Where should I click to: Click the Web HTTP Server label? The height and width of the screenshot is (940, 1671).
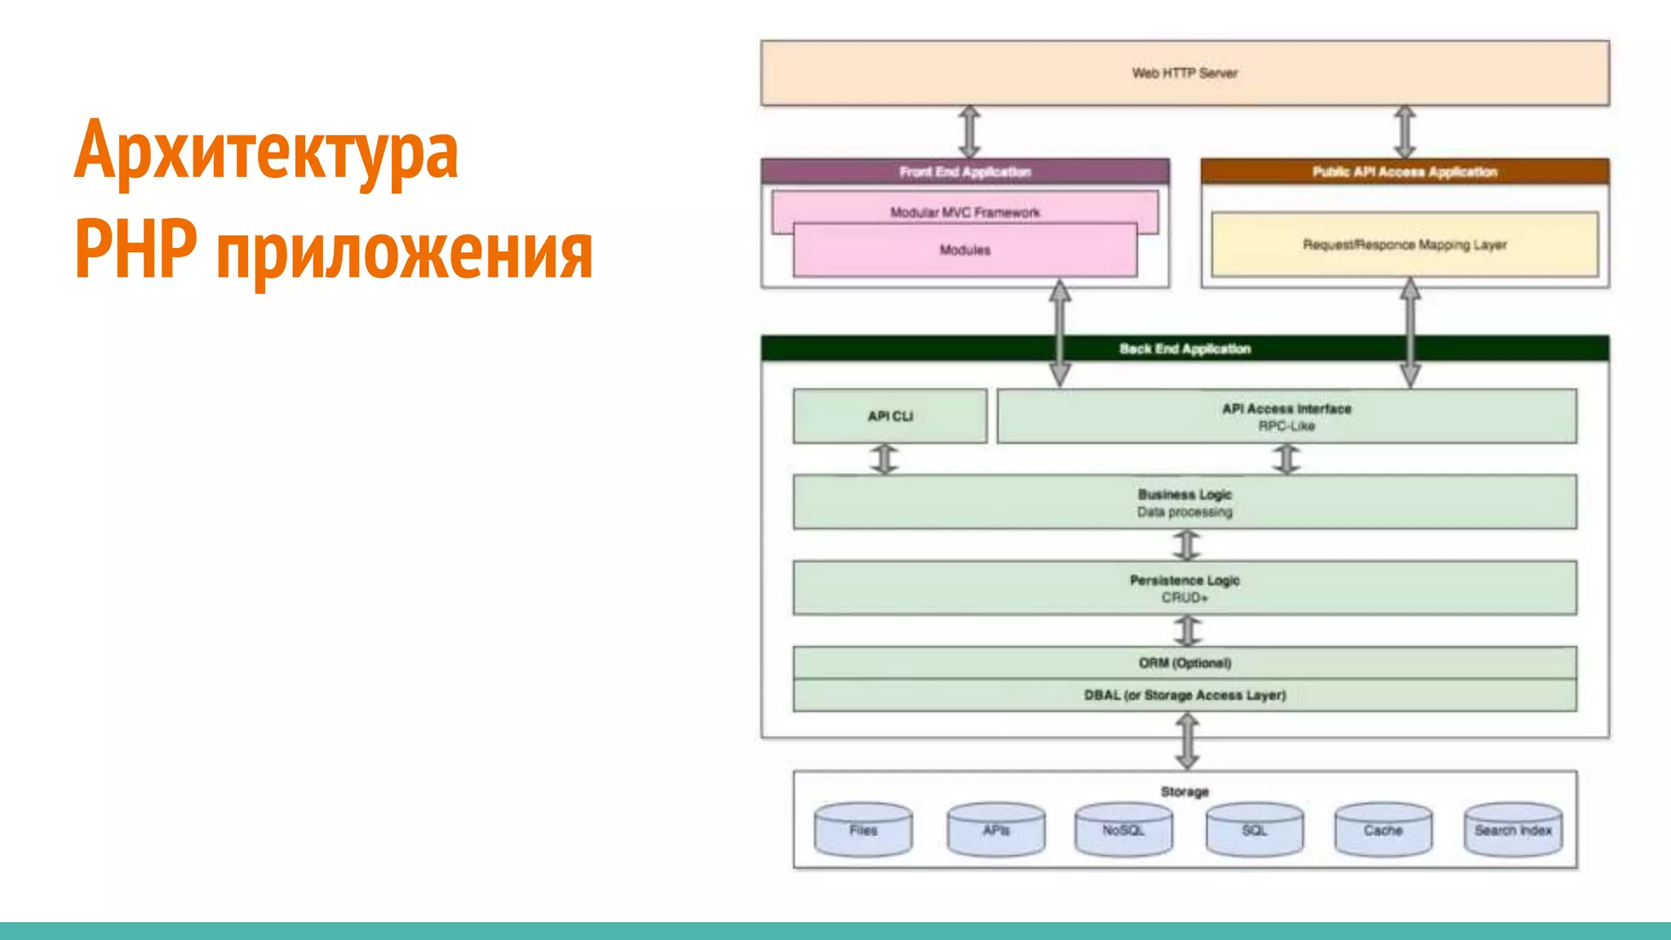(1184, 73)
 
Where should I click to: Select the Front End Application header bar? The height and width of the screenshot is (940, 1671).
(964, 171)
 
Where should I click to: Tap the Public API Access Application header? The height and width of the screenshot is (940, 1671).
(1404, 171)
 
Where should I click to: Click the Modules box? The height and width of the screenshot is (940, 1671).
(964, 251)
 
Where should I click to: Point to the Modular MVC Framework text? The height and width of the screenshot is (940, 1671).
(964, 212)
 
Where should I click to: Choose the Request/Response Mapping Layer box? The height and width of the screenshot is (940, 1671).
(1404, 245)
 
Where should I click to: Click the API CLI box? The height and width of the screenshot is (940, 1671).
(889, 416)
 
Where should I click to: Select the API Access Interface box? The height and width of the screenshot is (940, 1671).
(1286, 416)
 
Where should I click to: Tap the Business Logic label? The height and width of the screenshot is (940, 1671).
(1184, 494)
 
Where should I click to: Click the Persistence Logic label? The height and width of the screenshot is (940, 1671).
(1184, 580)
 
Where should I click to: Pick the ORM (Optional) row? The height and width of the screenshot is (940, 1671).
(1184, 663)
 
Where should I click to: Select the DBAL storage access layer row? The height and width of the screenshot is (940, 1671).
(1184, 695)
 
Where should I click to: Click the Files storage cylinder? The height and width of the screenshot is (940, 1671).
(862, 830)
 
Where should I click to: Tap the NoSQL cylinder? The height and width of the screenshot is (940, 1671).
(1123, 830)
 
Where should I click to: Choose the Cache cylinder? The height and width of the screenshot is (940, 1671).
(1382, 830)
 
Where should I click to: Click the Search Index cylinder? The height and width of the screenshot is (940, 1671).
(1513, 830)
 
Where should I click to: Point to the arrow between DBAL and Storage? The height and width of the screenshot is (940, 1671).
(1187, 741)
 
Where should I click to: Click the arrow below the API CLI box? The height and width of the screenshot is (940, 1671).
(884, 459)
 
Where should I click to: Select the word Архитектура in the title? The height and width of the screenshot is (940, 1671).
(266, 151)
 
